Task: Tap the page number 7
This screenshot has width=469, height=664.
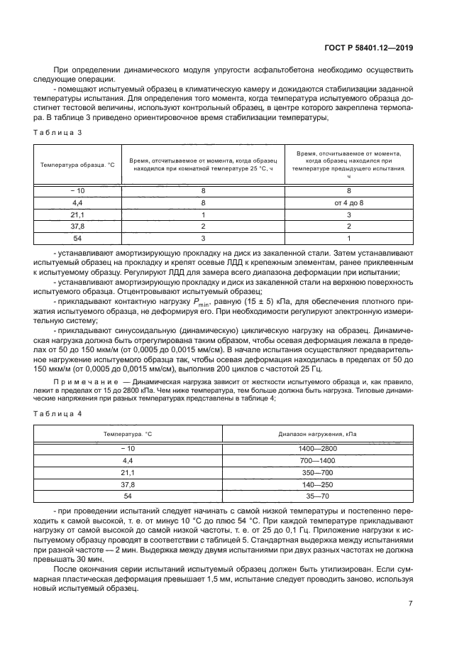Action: point(410,603)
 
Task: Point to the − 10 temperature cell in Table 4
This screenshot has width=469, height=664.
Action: point(128,450)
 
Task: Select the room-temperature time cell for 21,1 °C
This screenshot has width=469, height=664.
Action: point(203,214)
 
